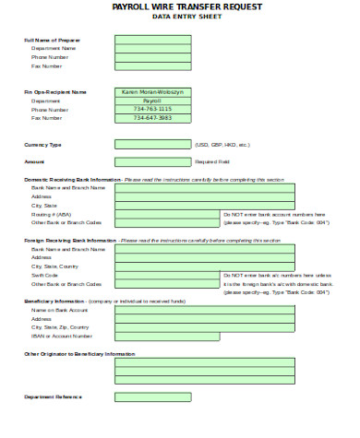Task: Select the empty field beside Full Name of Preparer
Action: [x=152, y=41]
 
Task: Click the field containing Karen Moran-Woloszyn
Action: [x=152, y=92]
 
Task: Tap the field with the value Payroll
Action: [x=152, y=101]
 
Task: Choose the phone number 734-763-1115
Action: [x=152, y=110]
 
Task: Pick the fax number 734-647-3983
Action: [x=152, y=118]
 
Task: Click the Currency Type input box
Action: [x=152, y=145]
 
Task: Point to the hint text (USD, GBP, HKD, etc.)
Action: [x=222, y=145]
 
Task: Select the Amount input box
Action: [x=152, y=161]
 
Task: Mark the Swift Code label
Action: [x=44, y=275]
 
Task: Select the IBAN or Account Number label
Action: [x=61, y=336]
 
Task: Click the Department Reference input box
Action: [x=152, y=397]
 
